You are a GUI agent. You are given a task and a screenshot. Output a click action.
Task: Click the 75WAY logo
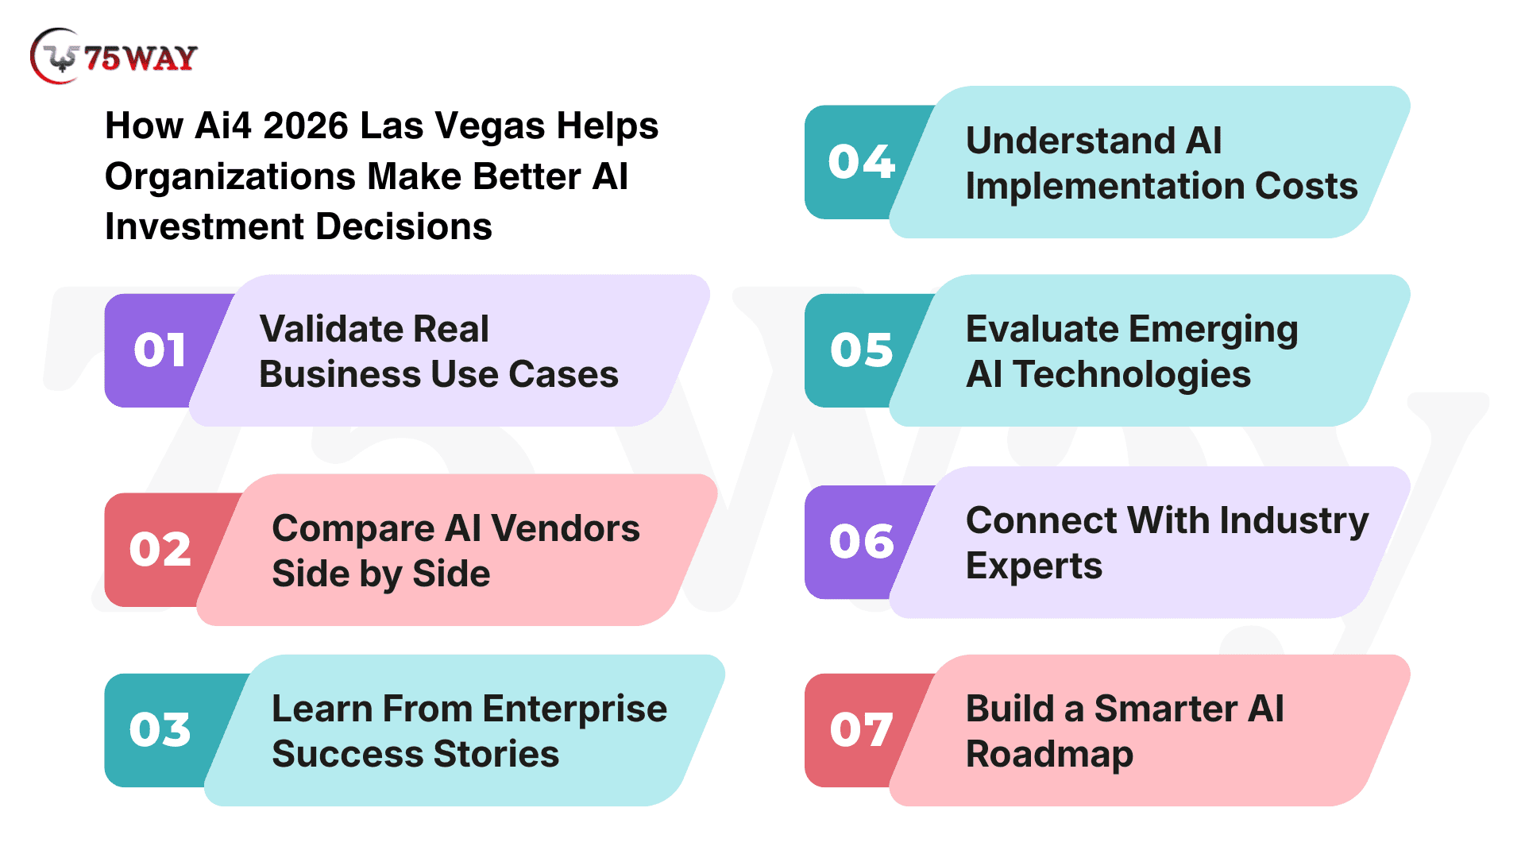(x=114, y=56)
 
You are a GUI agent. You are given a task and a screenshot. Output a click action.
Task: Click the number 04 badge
(x=863, y=162)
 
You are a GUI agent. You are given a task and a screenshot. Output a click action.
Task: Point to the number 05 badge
(x=863, y=350)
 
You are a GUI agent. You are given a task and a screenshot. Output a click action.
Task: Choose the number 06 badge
(x=863, y=542)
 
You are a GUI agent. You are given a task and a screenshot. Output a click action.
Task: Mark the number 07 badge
(x=863, y=730)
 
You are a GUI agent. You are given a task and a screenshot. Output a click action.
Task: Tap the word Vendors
(x=566, y=528)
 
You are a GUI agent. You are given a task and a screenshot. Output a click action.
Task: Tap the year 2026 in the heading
(x=306, y=126)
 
